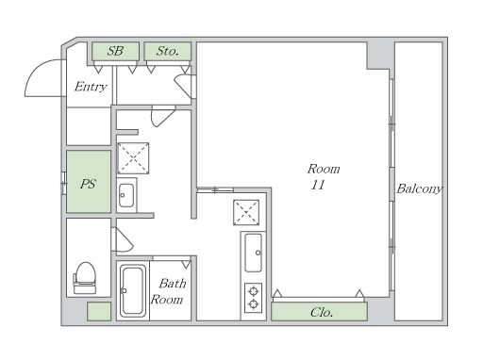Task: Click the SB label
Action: pyautogui.click(x=115, y=51)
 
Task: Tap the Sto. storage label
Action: pyautogui.click(x=168, y=51)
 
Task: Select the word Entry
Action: pyautogui.click(x=91, y=87)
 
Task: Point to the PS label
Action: pyautogui.click(x=88, y=184)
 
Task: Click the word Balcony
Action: pyautogui.click(x=420, y=188)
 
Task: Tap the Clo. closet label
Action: pyautogui.click(x=322, y=312)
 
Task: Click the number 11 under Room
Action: pyautogui.click(x=318, y=185)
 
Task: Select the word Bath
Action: pyautogui.click(x=173, y=284)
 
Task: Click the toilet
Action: pyautogui.click(x=85, y=278)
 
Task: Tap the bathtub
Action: pyautogui.click(x=133, y=291)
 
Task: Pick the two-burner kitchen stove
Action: pyautogui.click(x=254, y=298)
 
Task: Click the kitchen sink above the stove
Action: pyautogui.click(x=253, y=253)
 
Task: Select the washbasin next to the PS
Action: pyautogui.click(x=126, y=195)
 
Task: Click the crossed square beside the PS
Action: pyautogui.click(x=133, y=158)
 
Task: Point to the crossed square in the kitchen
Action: pyautogui.click(x=246, y=212)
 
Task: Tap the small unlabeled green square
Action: pyautogui.click(x=99, y=311)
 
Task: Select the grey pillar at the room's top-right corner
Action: pyautogui.click(x=380, y=56)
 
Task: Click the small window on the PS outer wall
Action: pyautogui.click(x=64, y=183)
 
